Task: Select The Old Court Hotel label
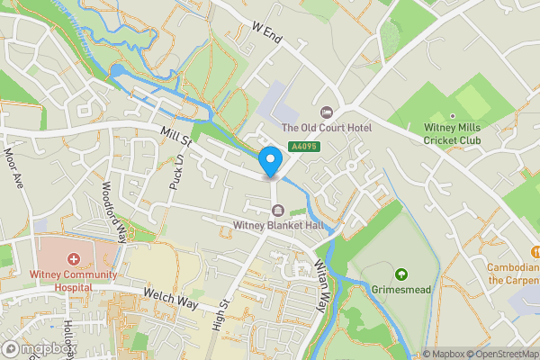327,128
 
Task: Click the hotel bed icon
327,112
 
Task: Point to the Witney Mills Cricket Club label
453,134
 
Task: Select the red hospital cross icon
74,259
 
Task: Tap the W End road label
268,34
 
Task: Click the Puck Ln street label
176,174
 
